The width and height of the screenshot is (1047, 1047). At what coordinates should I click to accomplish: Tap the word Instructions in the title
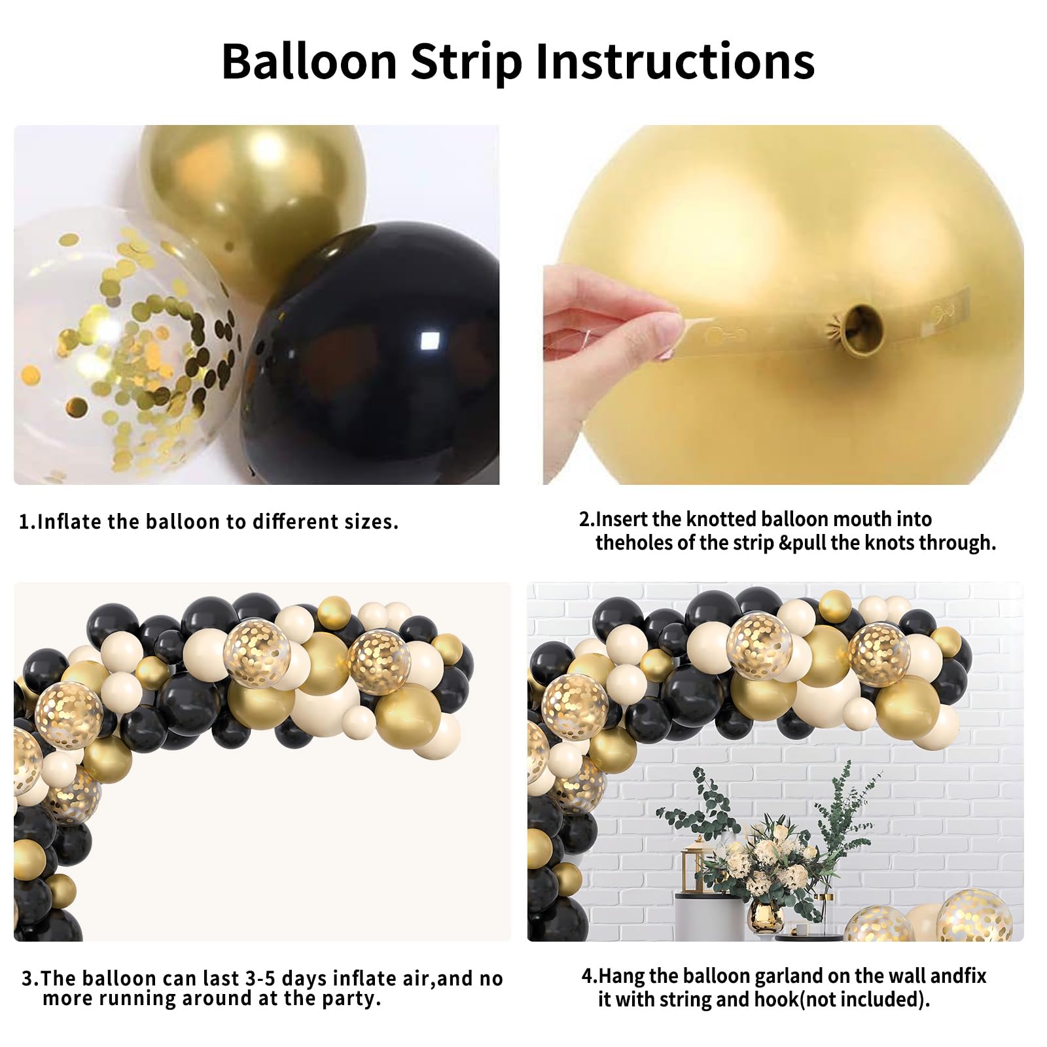pos(675,61)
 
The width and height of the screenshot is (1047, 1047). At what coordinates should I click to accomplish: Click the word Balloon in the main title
pos(310,61)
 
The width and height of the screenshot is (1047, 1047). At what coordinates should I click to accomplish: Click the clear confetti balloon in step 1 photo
pos(124,340)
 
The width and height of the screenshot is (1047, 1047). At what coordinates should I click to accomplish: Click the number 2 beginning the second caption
pos(584,520)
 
